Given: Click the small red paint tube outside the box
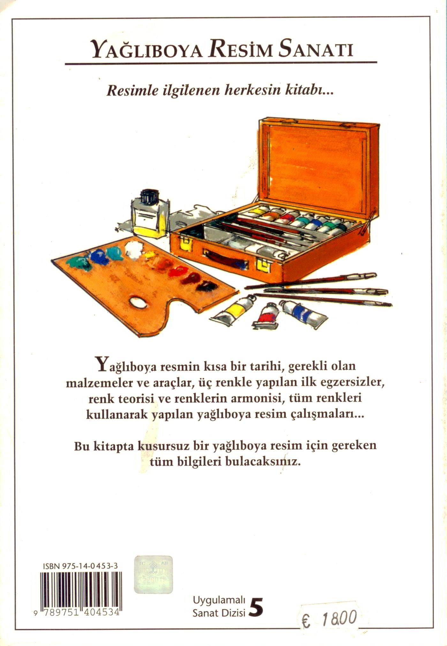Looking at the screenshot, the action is coord(267,316).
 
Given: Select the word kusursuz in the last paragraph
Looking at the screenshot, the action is coord(162,446).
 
